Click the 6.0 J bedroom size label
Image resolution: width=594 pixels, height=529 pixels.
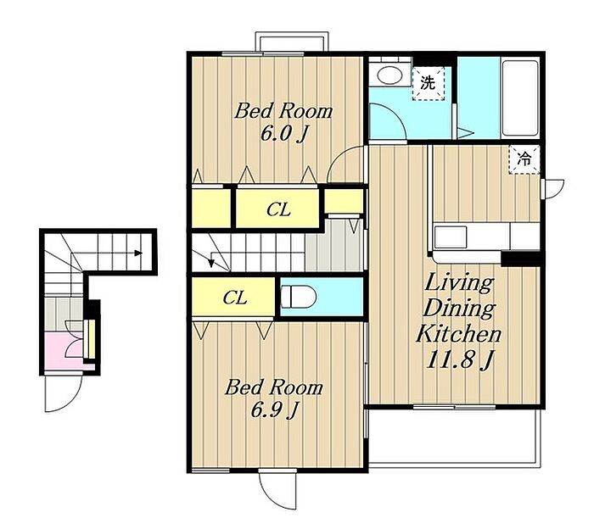(283, 134)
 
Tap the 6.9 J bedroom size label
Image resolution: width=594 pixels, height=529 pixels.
(274, 409)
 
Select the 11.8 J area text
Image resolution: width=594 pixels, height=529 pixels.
(460, 359)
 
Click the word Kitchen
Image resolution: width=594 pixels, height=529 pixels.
(458, 334)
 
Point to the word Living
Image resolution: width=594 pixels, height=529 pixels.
(460, 282)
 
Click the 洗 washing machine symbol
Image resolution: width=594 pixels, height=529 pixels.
(428, 84)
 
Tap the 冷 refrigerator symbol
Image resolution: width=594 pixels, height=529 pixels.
(524, 159)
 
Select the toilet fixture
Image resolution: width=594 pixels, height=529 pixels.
(298, 297)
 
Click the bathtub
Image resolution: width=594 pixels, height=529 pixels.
(519, 97)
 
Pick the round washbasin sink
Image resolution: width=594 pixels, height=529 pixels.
(391, 76)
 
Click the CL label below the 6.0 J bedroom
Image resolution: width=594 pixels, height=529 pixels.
(278, 209)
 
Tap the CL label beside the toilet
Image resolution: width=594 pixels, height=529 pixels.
(235, 298)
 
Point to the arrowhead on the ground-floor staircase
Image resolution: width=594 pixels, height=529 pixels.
(138, 253)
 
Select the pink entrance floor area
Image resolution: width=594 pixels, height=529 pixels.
(64, 352)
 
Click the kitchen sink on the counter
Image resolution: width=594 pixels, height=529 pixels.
(451, 237)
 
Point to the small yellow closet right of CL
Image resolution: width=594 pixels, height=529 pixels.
(344, 201)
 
